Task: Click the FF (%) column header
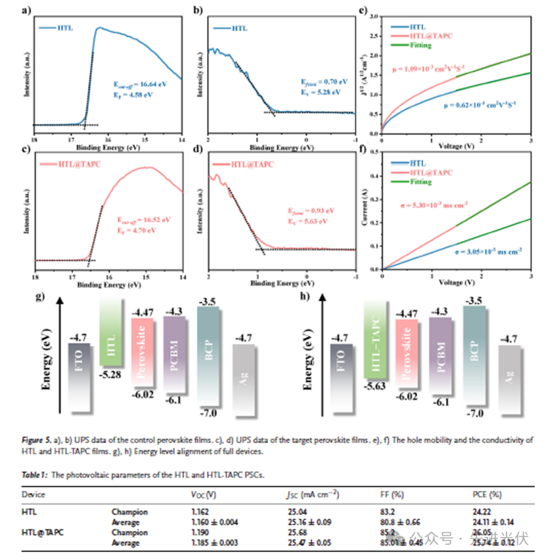pyautogui.click(x=390, y=493)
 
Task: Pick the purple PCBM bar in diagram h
pyautogui.click(x=440, y=355)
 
